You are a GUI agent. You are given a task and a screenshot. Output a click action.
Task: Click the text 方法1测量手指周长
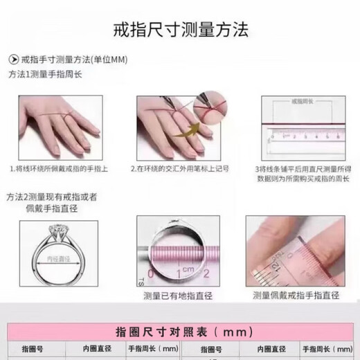tap(46, 74)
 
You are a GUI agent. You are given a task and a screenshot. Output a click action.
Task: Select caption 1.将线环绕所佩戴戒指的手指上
tap(60, 168)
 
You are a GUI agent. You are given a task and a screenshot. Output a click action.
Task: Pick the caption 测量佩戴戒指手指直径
tap(296, 296)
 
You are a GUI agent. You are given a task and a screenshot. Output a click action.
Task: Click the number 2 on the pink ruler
tap(206, 275)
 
